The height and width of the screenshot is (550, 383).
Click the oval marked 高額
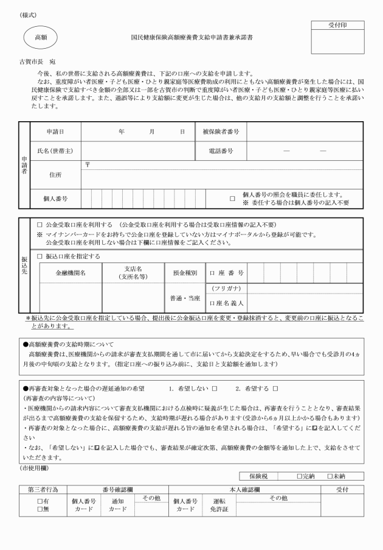point(41,37)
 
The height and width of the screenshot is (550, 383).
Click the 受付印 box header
point(337,26)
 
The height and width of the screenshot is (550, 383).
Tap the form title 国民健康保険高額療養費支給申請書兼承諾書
point(192,37)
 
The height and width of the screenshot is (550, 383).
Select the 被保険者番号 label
point(221,132)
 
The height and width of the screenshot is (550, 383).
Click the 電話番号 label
point(221,150)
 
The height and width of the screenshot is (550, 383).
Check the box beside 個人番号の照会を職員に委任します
point(232,198)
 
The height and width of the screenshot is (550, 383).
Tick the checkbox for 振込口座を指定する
point(40,256)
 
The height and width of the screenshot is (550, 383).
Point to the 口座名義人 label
point(226,303)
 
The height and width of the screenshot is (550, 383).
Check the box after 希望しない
point(214,388)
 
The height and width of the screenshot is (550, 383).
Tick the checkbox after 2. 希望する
point(275,388)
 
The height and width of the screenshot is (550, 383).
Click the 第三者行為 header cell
point(43,489)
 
